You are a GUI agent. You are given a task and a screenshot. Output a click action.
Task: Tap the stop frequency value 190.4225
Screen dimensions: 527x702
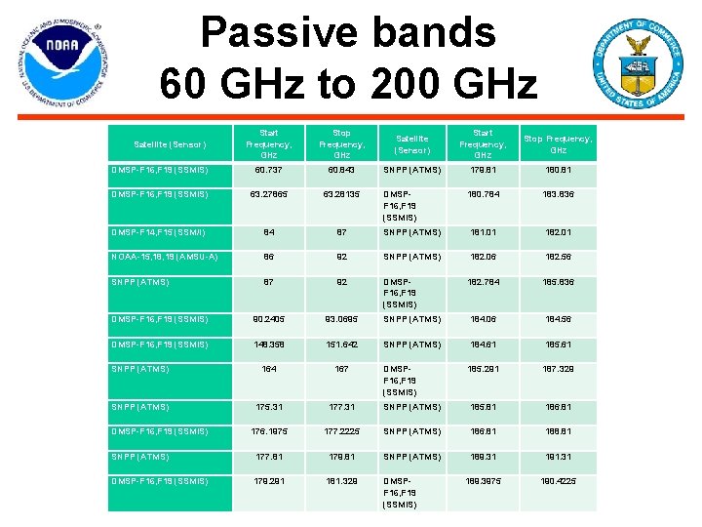(559, 481)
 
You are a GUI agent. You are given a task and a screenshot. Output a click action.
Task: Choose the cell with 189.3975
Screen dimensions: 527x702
(483, 481)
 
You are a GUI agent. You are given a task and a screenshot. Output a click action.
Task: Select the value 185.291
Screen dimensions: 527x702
(483, 369)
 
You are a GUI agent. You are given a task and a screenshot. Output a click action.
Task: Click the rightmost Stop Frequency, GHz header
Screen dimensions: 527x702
(559, 144)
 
